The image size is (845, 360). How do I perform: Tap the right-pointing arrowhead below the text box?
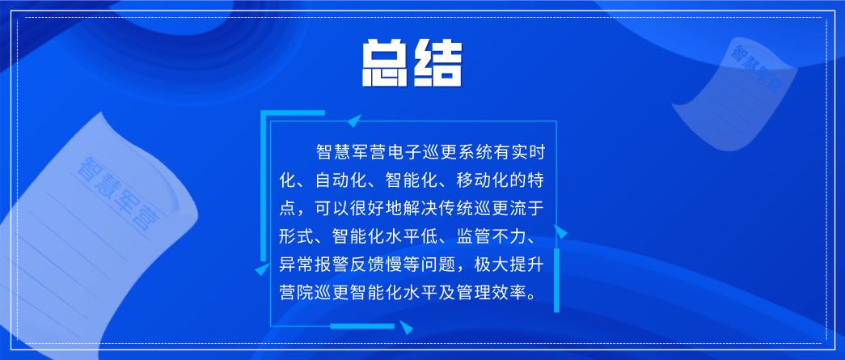tap(407, 327)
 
